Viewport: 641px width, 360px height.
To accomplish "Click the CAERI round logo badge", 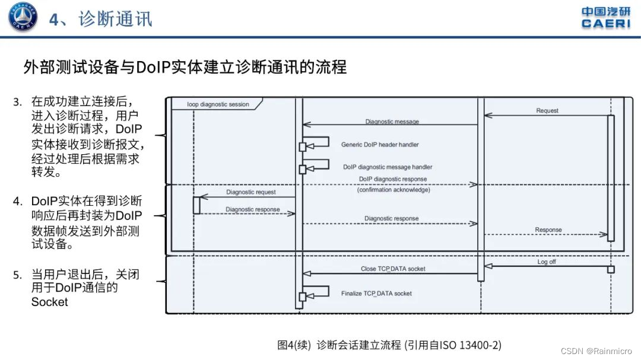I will (x=23, y=17).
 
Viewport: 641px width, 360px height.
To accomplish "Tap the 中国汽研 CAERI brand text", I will (x=605, y=17).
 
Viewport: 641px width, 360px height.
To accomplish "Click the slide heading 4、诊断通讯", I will (x=100, y=19).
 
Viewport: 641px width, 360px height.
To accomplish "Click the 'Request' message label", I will (x=547, y=111).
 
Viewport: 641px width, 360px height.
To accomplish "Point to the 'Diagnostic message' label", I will (x=392, y=122).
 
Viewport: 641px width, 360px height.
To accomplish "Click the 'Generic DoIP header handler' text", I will (x=380, y=145).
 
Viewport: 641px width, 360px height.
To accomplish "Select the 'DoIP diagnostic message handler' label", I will (x=388, y=167).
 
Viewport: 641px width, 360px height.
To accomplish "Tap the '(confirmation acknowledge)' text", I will (x=394, y=190).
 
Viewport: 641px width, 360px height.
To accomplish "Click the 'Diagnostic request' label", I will (x=250, y=192).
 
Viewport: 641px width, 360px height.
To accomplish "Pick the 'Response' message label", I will (x=548, y=230).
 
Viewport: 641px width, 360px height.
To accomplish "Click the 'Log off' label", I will (x=547, y=262).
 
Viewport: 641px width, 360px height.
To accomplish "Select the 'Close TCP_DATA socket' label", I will (x=393, y=269).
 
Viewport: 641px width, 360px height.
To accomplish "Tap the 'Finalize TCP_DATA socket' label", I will (x=376, y=294).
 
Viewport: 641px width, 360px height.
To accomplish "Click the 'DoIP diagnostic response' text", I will (x=392, y=179).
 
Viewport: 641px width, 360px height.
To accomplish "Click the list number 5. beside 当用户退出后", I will (x=17, y=275).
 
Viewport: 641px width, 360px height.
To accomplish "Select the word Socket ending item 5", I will (x=50, y=302).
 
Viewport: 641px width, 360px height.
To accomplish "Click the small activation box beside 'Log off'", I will (x=610, y=269).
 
